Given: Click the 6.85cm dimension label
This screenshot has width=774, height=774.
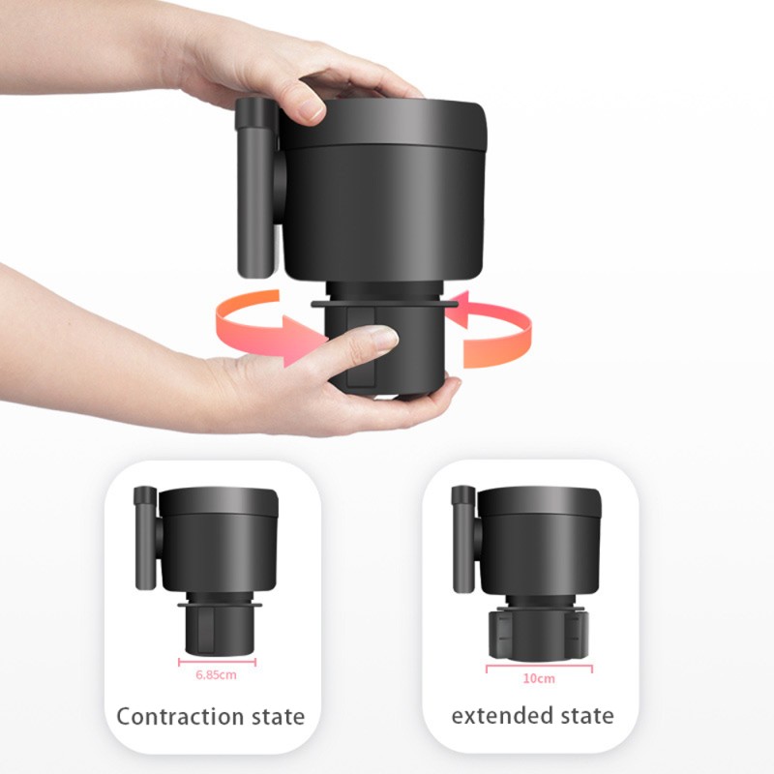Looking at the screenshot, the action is tap(216, 674).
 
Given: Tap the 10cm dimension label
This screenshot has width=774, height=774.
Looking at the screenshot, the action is tap(539, 679).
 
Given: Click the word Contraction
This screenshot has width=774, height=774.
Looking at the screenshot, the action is tap(180, 717).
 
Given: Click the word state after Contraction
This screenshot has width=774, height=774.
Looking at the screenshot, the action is tap(279, 717).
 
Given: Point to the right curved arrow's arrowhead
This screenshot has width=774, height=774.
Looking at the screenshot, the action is tap(457, 310).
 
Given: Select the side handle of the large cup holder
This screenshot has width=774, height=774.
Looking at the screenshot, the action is tap(256, 188).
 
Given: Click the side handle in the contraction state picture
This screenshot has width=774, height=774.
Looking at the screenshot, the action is tap(146, 538).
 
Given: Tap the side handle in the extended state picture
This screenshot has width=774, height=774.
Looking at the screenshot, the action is tap(463, 539).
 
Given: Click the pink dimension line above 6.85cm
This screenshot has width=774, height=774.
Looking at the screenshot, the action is tap(217, 663).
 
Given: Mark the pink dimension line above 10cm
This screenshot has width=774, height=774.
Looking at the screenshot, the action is tap(539, 668).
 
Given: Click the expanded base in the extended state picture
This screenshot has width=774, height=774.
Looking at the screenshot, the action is tap(539, 636).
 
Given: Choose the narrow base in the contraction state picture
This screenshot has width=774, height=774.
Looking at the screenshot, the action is tap(218, 632).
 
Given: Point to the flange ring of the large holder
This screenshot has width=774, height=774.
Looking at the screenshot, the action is tap(384, 303).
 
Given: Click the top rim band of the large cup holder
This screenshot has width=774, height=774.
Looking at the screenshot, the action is tap(382, 124).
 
